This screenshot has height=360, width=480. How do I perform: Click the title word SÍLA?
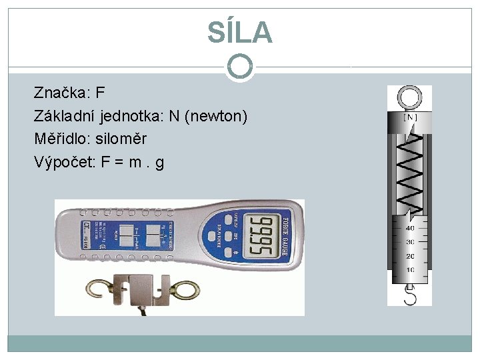tap(239, 32)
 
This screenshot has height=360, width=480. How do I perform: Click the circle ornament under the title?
tap(240, 66)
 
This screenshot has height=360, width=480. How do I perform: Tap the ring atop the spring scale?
tap(409, 98)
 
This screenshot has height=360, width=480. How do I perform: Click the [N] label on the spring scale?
tap(410, 117)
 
